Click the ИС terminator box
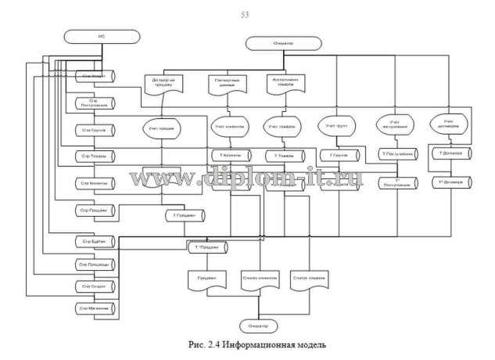point(91,37)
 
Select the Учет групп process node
point(336,125)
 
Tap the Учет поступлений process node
point(393,125)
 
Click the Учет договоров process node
point(448,124)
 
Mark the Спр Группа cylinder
point(95,129)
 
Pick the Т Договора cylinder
point(451,154)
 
